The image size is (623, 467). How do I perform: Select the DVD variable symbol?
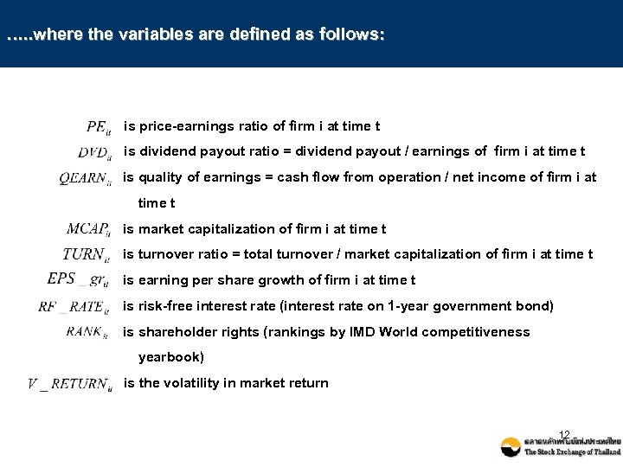pyautogui.click(x=93, y=153)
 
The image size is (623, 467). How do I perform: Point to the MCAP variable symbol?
pyautogui.click(x=88, y=230)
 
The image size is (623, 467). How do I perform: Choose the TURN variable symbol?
pyautogui.click(x=86, y=255)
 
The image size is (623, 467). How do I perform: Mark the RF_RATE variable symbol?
pyautogui.click(x=74, y=306)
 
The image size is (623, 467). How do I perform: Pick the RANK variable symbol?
pyautogui.click(x=88, y=332)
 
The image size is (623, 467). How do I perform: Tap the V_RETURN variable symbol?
pyautogui.click(x=70, y=384)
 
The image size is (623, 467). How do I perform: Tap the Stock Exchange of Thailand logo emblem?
pyautogui.click(x=511, y=447)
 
